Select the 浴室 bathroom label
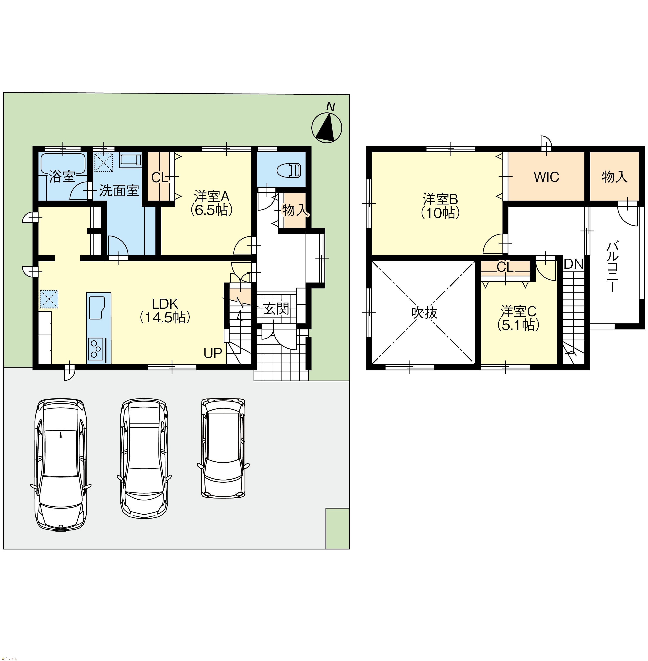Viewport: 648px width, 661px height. click(x=62, y=177)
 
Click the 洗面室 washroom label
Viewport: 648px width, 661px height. click(x=119, y=191)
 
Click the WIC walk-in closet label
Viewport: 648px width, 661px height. click(x=546, y=177)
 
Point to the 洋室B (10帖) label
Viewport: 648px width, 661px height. click(x=441, y=206)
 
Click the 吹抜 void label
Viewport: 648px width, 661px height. click(x=424, y=313)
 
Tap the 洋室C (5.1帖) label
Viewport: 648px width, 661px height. click(x=518, y=318)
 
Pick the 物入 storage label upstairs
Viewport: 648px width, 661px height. click(x=614, y=177)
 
